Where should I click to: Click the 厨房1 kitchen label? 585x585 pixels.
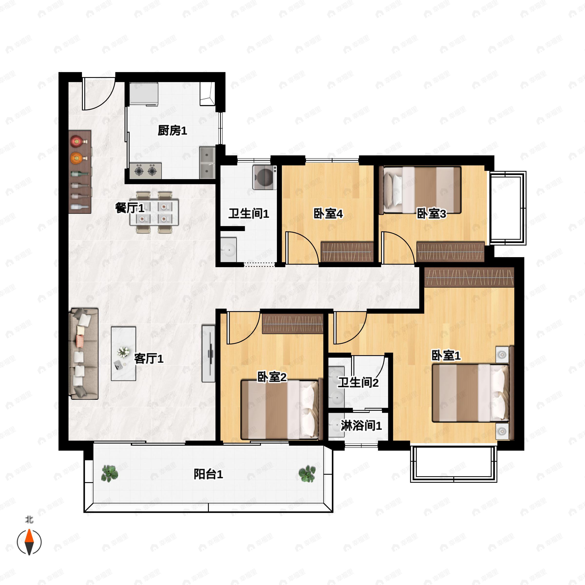tap(172, 131)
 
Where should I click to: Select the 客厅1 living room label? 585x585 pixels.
tap(149, 359)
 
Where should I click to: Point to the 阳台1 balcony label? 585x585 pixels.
tap(208, 474)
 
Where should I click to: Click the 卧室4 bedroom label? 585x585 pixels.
tap(328, 214)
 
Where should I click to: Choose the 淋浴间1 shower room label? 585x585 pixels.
tap(361, 426)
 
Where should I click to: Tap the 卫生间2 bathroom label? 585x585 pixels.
tap(358, 383)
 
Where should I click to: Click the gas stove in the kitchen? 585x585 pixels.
tap(145, 171)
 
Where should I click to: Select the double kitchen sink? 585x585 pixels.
tap(207, 163)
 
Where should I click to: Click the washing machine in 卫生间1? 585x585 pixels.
tap(264, 177)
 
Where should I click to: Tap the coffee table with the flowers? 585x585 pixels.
tap(123, 353)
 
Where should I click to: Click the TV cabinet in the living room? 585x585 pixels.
tap(208, 354)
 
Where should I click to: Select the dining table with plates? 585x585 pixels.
tap(154, 212)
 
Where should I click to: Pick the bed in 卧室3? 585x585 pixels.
tap(420, 190)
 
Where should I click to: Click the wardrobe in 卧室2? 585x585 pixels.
tap(292, 324)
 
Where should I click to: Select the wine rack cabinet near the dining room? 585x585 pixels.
tap(80, 172)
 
